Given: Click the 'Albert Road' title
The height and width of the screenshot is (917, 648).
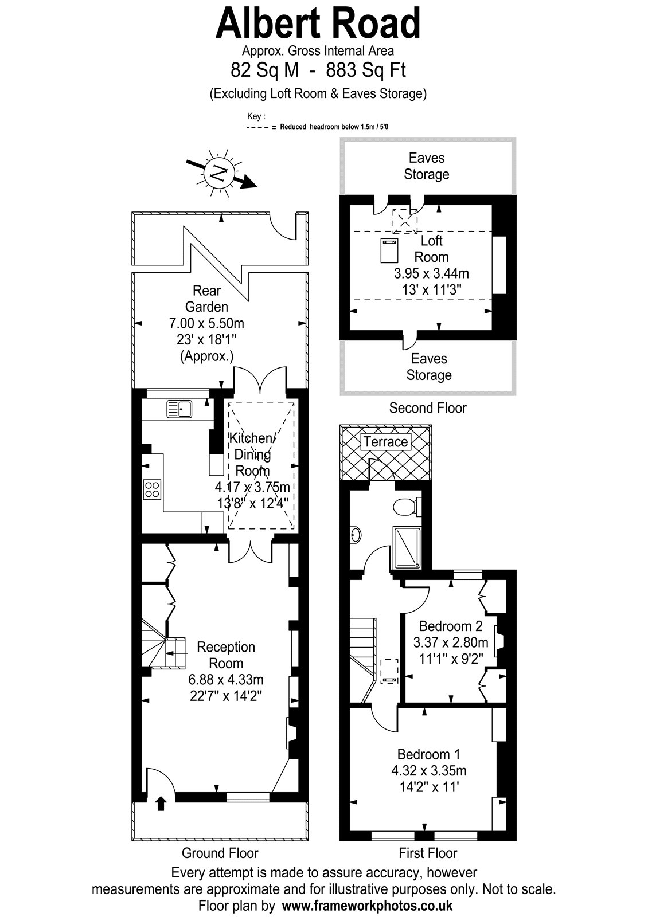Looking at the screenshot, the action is click(x=318, y=23).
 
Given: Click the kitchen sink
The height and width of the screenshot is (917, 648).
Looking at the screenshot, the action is click(x=179, y=409).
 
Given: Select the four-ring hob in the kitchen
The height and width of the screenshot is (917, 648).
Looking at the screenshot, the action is click(x=152, y=489).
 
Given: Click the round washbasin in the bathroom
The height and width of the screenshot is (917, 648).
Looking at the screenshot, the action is click(x=355, y=535).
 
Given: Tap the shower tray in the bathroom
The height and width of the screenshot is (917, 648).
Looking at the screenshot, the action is click(x=407, y=548).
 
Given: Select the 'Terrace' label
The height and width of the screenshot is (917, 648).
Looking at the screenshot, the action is click(x=385, y=442).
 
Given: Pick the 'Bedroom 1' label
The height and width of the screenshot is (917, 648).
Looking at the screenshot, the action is click(x=428, y=754).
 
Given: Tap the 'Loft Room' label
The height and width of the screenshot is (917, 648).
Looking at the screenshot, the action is click(x=431, y=249).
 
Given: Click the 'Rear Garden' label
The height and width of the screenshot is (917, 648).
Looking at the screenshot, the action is click(x=206, y=299).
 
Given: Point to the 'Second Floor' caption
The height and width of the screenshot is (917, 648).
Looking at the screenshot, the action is click(x=428, y=407).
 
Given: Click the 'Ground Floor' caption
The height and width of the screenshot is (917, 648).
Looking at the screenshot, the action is click(x=220, y=853).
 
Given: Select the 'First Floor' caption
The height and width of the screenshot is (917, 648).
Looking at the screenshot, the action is click(x=428, y=853).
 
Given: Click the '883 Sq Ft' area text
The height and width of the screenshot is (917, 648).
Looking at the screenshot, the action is click(x=366, y=69).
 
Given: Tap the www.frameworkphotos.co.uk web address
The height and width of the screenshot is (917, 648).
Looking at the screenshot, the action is click(x=367, y=905).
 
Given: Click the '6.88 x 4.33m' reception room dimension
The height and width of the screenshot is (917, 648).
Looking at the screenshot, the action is click(x=226, y=680).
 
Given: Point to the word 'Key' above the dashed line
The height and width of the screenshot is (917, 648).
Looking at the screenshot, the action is click(x=253, y=116).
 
